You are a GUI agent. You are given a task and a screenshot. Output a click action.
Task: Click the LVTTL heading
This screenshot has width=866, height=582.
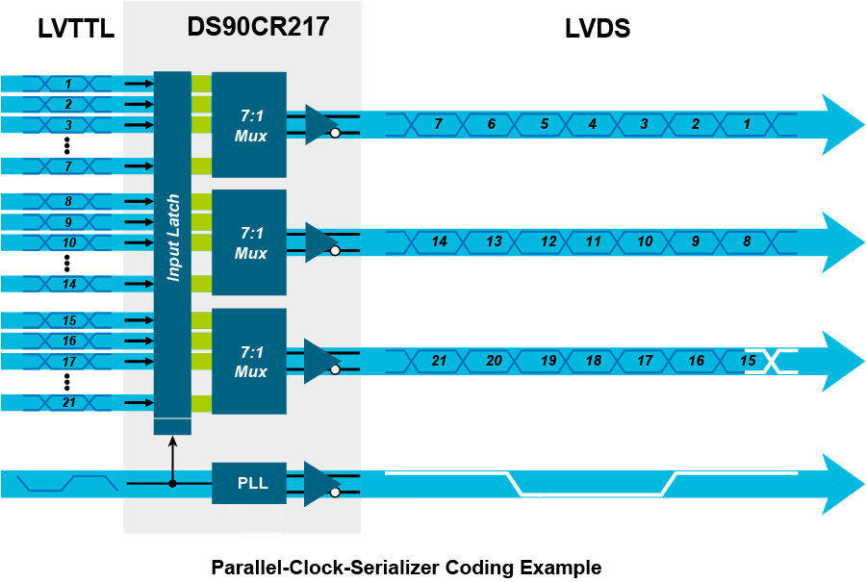[x=76, y=28]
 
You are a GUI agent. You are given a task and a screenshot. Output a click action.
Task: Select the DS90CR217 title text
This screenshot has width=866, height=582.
[x=258, y=27]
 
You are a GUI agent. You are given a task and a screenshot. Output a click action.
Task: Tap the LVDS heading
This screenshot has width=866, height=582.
[x=597, y=28]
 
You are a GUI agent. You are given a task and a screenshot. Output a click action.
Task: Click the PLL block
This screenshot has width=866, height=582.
[x=249, y=483]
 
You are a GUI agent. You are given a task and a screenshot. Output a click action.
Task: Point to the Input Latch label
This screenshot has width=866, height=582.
[x=173, y=238]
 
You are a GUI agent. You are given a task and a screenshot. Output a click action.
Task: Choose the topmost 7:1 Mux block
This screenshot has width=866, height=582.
[x=249, y=125]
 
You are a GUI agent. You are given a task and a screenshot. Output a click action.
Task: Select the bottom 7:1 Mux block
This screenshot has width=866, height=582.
[x=249, y=361]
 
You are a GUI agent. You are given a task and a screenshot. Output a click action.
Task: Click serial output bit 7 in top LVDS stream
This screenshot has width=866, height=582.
[x=439, y=124]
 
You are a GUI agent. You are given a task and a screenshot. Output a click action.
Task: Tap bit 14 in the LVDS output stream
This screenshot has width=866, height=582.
[x=440, y=241]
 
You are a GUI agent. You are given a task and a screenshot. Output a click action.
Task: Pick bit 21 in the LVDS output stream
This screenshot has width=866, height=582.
[x=439, y=361]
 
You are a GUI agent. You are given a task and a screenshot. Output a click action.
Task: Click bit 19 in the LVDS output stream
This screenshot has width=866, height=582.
[x=548, y=361]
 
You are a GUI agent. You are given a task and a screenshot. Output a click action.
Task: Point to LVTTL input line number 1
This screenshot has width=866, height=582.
[x=68, y=84]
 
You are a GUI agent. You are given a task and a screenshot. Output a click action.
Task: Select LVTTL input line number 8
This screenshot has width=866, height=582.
[x=68, y=202]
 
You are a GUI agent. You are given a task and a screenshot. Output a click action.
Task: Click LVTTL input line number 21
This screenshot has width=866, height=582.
[x=68, y=402]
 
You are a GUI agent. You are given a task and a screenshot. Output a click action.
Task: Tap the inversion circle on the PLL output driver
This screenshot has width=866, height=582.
[x=335, y=492]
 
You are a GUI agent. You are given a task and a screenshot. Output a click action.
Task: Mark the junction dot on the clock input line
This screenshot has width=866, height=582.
[x=172, y=484]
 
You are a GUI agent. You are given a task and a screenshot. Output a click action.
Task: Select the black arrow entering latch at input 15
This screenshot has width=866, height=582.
[x=140, y=320]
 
